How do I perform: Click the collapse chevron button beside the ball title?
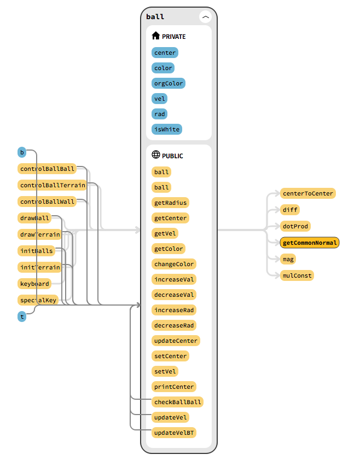coord(206,17)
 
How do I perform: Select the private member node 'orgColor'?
coord(169,83)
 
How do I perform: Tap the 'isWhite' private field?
coord(166,129)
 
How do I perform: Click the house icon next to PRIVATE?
coord(156,36)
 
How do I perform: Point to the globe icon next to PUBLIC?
coord(156,156)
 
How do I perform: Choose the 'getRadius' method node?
coord(170,203)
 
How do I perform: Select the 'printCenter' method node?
coord(174,387)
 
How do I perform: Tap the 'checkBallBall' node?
coord(178,402)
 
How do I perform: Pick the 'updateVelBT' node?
coord(174,433)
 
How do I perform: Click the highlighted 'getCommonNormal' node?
coord(310,243)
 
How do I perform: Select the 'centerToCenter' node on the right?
coord(307,193)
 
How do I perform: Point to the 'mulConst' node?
coord(298,275)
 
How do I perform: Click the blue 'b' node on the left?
coord(22,152)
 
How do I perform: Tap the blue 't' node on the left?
coord(22,317)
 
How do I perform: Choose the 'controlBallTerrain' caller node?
coord(53,185)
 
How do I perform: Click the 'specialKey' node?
coord(38,300)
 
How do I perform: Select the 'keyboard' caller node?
coord(34,284)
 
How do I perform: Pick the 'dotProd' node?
coord(295,226)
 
